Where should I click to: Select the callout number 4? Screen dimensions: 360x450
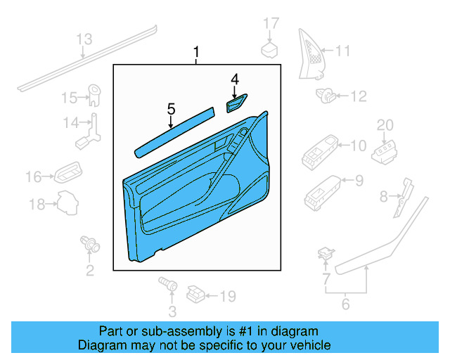tap(235, 79)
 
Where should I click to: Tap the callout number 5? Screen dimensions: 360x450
tap(170, 108)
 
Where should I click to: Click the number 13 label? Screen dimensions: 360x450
tap(84, 39)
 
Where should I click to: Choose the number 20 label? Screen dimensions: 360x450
tap(385, 125)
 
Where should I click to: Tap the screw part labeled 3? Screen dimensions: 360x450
tap(167, 283)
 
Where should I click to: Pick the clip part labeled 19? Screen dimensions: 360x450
tap(197, 292)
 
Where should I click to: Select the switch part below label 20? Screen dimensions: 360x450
tap(387, 150)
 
